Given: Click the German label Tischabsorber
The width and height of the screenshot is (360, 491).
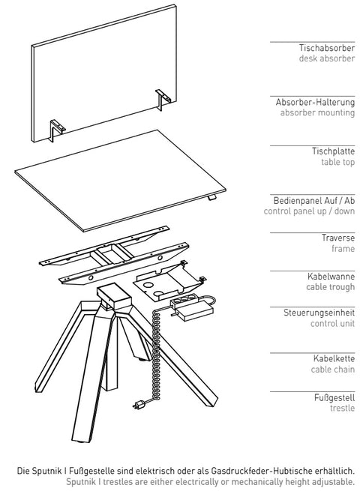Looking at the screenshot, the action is coord(327,48).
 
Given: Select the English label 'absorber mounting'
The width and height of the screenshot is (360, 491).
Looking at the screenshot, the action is coord(317,112).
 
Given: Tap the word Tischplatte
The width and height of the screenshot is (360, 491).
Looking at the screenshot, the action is coord(333,151).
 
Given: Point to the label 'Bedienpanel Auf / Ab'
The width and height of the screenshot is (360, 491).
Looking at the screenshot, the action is coord(314,200).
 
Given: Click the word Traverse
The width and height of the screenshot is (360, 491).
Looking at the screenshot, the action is coord(338,238).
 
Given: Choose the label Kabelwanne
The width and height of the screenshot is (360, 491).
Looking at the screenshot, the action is coord(331,276).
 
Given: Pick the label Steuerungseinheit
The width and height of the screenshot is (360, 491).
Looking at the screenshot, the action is coord(319,313).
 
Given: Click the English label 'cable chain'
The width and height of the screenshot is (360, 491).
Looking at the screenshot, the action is coord(333,370).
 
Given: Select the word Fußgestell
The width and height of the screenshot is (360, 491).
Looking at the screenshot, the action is coord(334,398).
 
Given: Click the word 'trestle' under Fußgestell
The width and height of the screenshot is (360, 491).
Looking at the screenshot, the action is coord(343,408).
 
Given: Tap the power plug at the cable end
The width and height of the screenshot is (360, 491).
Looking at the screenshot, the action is coord(139,405).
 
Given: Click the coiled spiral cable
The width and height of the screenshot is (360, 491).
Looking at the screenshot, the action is coord(156,354).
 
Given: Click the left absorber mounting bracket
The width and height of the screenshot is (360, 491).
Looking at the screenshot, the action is coord(57,128).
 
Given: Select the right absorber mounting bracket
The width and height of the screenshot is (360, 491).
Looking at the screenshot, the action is coord(163,100).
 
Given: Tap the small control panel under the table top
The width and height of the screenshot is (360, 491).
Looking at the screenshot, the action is coord(212,197).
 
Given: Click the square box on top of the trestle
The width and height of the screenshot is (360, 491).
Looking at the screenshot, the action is coord(113,295).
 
